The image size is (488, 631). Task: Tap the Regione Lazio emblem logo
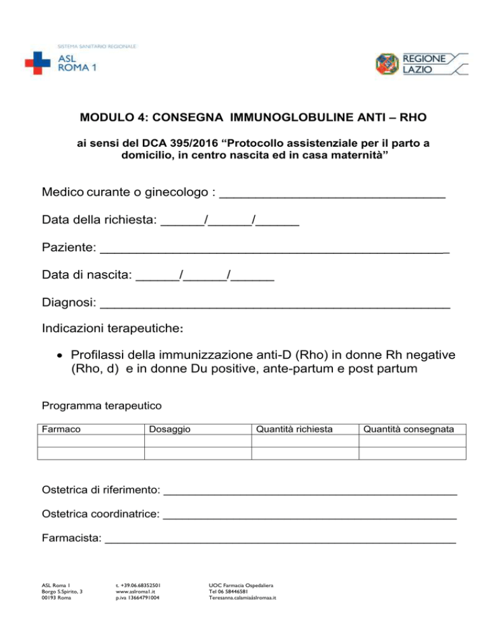pos(388,65)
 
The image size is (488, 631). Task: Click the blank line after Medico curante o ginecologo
pos(332,194)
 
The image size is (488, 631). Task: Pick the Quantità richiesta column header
pos(294,430)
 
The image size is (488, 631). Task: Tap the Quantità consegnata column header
pos(409,430)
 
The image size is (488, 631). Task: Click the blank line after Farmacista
pos(280,541)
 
